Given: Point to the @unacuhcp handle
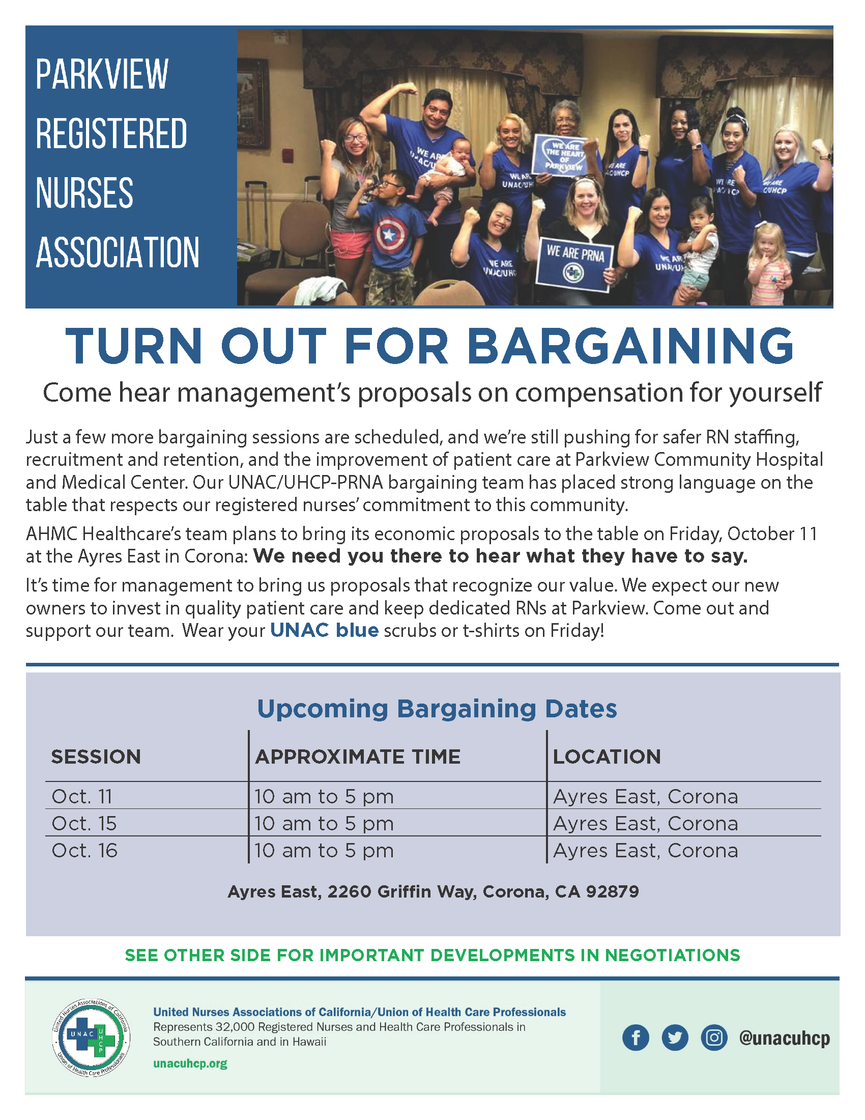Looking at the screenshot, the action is (784, 1038).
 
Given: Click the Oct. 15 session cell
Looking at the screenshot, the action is (84, 824).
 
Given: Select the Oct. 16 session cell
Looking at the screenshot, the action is (84, 851).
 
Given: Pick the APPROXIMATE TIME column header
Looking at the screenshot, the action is (358, 757).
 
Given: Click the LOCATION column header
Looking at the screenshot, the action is (607, 757).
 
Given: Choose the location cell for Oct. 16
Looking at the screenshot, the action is (646, 851).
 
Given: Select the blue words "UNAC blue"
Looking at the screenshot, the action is (325, 630).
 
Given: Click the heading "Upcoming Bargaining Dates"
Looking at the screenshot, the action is (437, 709).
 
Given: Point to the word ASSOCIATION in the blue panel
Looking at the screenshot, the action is (118, 253).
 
